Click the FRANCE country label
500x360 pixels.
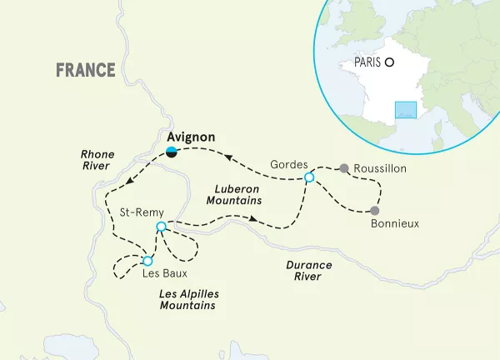tap(86, 70)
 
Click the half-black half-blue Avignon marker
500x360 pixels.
tap(172, 151)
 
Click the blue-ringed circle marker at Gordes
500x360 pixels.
tap(309, 177)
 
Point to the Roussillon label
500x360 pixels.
tap(379, 168)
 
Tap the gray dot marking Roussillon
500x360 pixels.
tap(342, 168)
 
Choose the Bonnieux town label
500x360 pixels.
tap(393, 223)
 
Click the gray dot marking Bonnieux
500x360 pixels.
tap(375, 210)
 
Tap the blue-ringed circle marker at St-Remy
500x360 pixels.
tap(162, 227)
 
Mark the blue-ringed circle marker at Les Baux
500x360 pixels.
tap(147, 261)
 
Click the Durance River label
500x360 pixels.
tap(309, 271)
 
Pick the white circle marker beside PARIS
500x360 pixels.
tap(389, 62)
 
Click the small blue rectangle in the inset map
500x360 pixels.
tap(406, 110)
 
